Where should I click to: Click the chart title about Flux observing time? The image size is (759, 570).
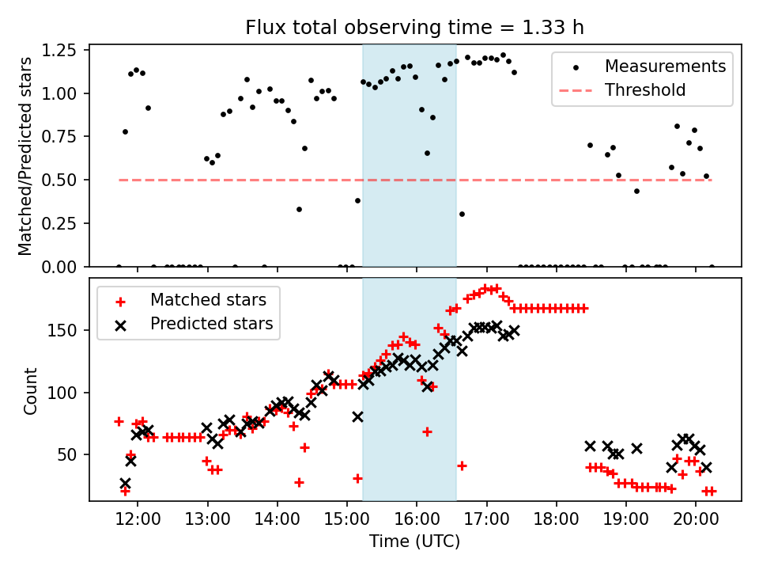(415, 28)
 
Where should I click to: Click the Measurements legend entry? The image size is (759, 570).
(665, 66)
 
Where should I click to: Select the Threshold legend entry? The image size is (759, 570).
(645, 90)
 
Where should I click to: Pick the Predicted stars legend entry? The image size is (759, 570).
(211, 324)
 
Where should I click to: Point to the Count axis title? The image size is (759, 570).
(31, 390)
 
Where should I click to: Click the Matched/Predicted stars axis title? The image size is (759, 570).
(25, 156)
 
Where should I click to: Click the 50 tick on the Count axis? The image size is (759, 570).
(71, 454)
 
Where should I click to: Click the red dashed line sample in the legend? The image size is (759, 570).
(579, 90)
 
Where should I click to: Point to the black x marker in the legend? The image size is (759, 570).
(119, 324)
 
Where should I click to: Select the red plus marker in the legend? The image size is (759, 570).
(119, 301)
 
